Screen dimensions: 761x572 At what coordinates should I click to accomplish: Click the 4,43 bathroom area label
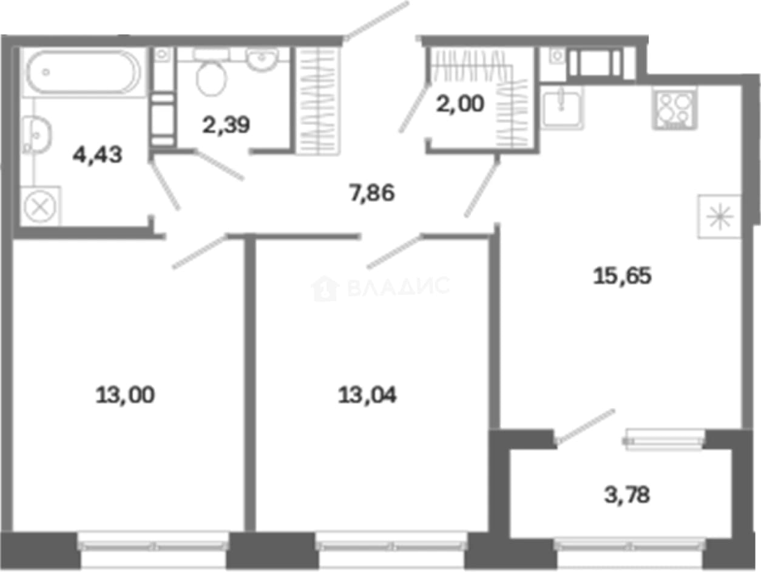98,155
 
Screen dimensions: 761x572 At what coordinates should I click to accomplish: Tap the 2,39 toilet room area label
226,125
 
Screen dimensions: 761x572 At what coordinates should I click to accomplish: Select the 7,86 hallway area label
372,193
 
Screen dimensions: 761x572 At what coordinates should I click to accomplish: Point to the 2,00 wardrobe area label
460,104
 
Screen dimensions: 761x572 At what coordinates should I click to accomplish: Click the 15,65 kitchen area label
622,276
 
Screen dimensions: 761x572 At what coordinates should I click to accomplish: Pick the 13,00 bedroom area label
125,395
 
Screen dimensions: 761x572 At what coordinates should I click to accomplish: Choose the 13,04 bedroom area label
367,395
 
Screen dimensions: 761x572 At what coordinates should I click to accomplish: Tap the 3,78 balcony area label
627,495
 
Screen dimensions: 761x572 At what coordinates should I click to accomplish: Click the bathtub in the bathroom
83,72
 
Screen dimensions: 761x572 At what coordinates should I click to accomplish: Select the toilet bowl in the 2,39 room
211,78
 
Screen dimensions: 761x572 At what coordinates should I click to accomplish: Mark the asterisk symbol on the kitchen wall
719,217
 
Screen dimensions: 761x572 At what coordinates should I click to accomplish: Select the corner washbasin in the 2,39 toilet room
262,59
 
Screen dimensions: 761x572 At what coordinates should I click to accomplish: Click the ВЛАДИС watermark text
399,287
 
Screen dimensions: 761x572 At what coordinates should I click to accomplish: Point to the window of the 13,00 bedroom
152,546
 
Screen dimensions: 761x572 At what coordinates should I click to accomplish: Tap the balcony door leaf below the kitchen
585,427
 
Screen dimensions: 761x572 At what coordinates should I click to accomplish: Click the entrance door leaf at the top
376,21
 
